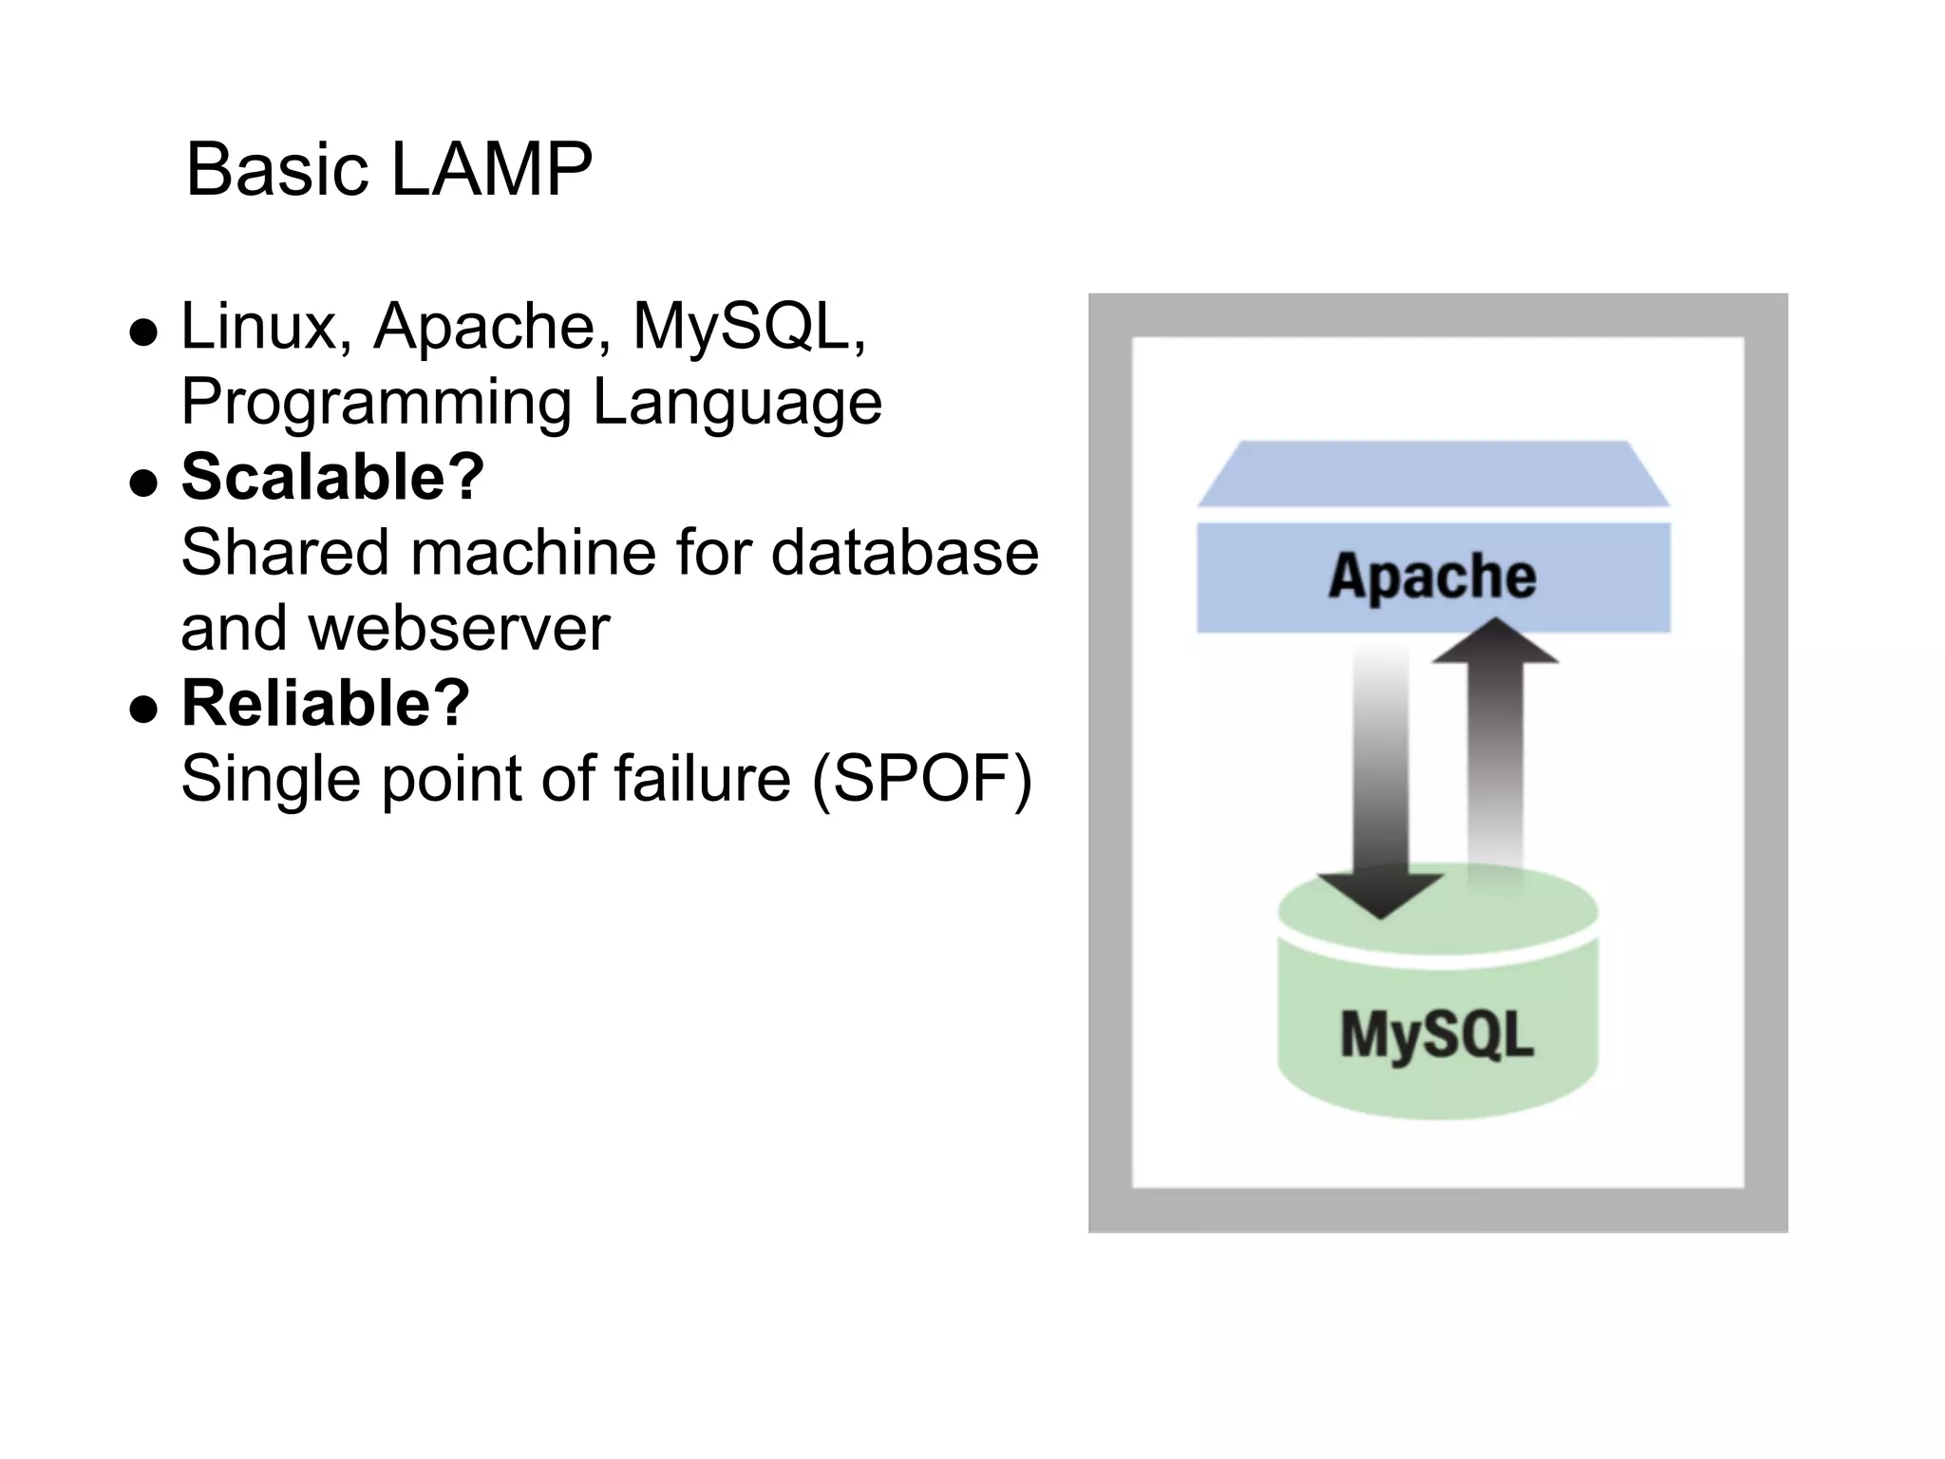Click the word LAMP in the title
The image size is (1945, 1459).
[x=491, y=170]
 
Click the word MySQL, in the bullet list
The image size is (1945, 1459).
[x=749, y=327]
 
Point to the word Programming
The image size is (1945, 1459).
[x=376, y=403]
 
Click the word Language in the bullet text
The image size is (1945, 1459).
[x=737, y=403]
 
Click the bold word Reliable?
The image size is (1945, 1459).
[x=325, y=704]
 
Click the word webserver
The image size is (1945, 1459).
[x=459, y=629]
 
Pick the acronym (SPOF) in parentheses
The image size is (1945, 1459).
[x=921, y=780]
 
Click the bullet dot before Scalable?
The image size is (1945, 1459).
[x=143, y=483]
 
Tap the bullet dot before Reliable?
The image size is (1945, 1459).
[x=143, y=710]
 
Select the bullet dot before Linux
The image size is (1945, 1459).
[x=143, y=332]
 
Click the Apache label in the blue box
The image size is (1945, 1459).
[x=1432, y=577]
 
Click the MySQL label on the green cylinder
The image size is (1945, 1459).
[x=1436, y=1034]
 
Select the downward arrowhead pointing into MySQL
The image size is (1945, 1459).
[x=1380, y=894]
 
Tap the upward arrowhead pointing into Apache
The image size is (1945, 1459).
[x=1495, y=642]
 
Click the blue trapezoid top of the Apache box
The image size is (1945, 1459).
[x=1432, y=474]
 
